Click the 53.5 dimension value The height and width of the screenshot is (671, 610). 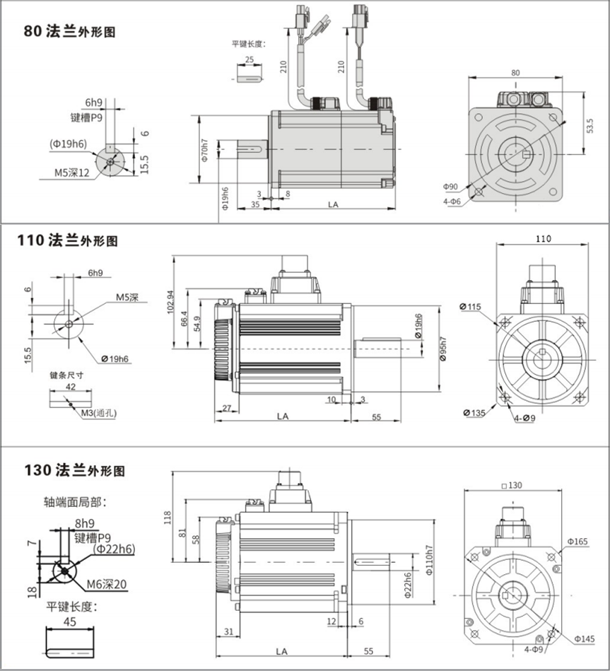pos(590,126)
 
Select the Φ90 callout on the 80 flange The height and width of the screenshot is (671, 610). pos(451,187)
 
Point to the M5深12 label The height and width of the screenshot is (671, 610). pos(72,172)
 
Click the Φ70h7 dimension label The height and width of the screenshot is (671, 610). pos(205,151)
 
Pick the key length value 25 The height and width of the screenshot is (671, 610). pos(249,60)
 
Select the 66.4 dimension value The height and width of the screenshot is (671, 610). pos(184,319)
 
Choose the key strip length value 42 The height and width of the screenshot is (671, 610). pos(70,387)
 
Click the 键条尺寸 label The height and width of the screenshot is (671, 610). pos(67,375)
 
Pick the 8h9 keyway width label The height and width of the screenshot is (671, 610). pos(84,524)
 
